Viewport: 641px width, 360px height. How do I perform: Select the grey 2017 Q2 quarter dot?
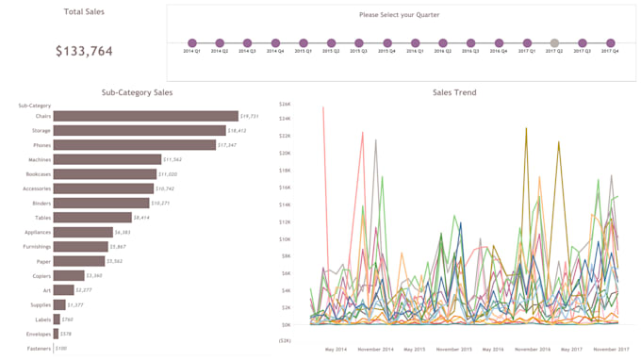click(x=554, y=42)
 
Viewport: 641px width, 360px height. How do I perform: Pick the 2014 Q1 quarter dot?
click(x=192, y=42)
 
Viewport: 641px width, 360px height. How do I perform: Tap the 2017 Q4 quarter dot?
click(x=610, y=42)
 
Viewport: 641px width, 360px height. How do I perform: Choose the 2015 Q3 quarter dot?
click(x=359, y=42)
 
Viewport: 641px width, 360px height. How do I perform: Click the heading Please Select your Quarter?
click(x=400, y=15)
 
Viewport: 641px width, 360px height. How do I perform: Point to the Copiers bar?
click(x=68, y=275)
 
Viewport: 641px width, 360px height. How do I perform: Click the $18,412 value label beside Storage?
click(x=238, y=131)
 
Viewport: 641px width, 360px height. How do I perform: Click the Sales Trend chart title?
click(x=453, y=92)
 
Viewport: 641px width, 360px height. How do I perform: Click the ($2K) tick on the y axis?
click(x=284, y=341)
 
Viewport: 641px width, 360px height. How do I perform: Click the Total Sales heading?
click(x=84, y=12)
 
